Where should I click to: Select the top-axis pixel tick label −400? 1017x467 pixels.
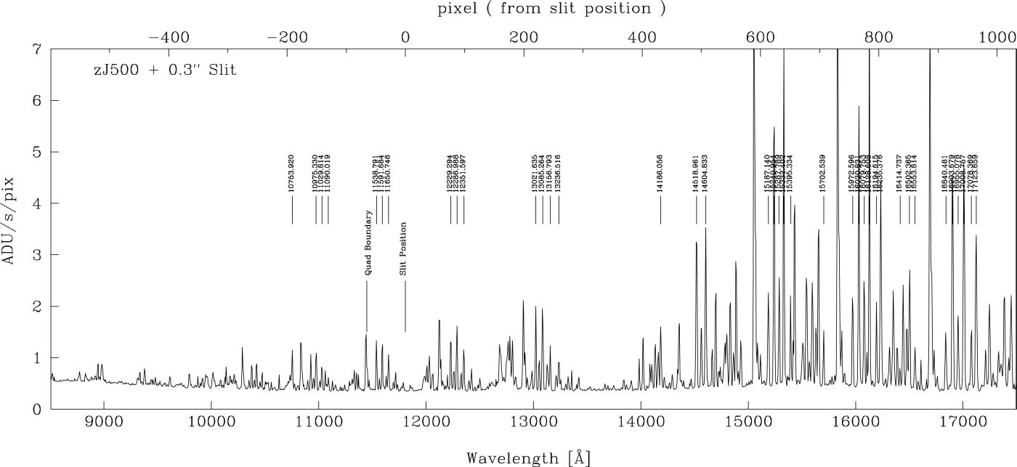(x=169, y=35)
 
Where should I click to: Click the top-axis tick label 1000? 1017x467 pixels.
(x=996, y=35)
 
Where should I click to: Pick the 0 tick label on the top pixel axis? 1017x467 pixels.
(x=405, y=35)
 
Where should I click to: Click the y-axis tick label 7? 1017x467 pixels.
(x=36, y=49)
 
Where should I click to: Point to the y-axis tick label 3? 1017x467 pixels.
(x=36, y=255)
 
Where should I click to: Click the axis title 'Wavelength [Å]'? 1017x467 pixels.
(x=528, y=458)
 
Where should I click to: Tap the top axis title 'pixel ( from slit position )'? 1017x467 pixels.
(x=551, y=9)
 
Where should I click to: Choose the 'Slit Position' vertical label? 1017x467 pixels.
(x=404, y=248)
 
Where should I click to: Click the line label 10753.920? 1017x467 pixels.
(x=291, y=174)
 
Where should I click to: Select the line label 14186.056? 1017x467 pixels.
(x=660, y=174)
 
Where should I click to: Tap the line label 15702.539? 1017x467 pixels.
(x=823, y=174)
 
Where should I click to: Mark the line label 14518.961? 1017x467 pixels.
(x=696, y=174)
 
